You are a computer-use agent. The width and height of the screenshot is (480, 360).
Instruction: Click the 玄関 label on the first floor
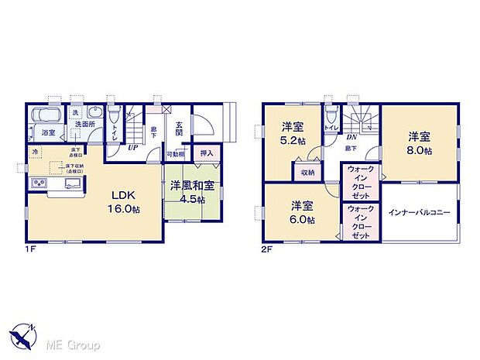pos(179,129)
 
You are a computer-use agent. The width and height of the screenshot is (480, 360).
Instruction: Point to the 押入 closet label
pos(207,154)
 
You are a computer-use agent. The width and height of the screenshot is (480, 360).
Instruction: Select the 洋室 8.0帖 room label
pos(420,142)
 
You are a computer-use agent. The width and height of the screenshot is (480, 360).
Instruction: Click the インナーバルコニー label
pos(420,211)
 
